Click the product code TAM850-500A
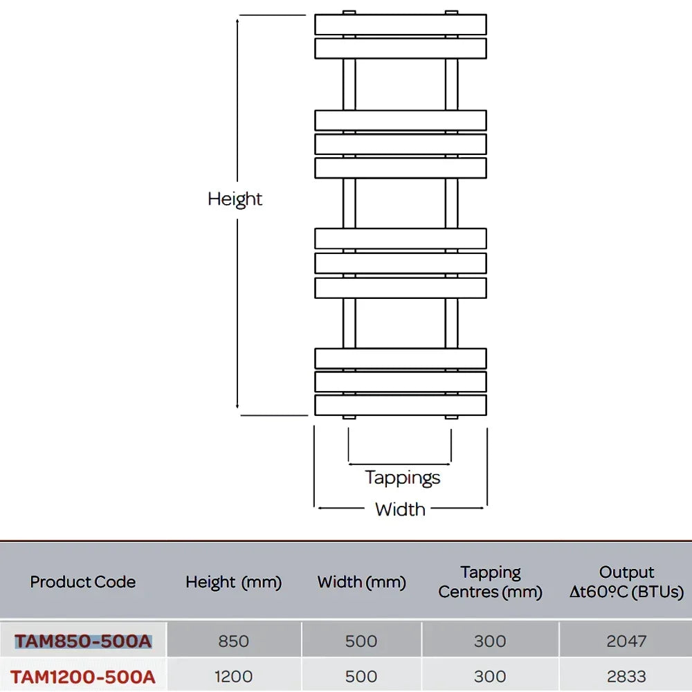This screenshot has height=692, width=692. click(x=83, y=641)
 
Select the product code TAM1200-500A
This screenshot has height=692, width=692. click(x=83, y=677)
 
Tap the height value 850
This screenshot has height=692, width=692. click(x=233, y=641)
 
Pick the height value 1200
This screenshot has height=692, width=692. click(x=233, y=677)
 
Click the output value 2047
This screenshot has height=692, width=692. click(x=626, y=641)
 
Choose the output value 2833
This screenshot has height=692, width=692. click(x=626, y=677)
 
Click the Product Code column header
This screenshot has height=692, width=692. click(x=83, y=582)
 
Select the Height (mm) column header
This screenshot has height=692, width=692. click(x=233, y=582)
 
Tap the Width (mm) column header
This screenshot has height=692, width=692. click(x=361, y=582)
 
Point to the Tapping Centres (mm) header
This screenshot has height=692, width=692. click(x=491, y=582)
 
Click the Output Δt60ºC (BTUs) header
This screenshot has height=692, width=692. click(x=626, y=582)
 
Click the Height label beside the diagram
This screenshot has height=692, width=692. click(x=235, y=199)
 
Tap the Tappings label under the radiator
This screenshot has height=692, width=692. click(x=403, y=478)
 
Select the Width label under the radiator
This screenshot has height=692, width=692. click(x=400, y=510)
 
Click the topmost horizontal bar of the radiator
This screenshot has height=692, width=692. click(x=401, y=25)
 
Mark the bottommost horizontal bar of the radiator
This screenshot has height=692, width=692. click(x=401, y=405)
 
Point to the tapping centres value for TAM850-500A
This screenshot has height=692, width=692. click(x=490, y=641)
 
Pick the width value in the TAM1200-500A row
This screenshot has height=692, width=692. click(x=361, y=677)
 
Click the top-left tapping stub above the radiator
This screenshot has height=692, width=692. click(x=349, y=12)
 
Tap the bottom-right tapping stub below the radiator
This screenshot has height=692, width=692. click(x=451, y=417)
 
